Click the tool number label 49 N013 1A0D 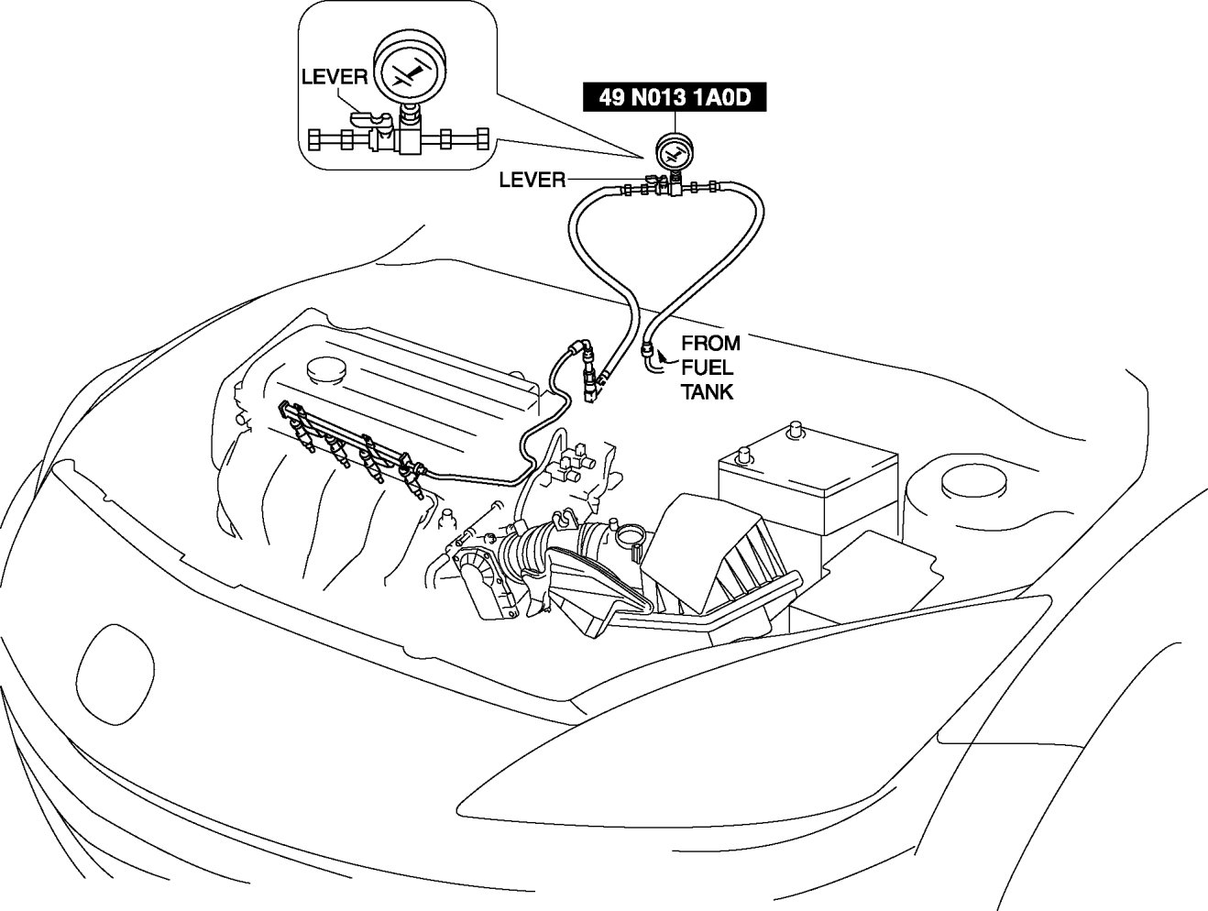point(675,97)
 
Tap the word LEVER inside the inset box point(334,77)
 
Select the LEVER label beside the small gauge point(532,180)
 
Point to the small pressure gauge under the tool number point(675,152)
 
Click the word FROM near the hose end point(711,344)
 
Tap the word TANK point(708,392)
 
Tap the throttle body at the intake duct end point(478,583)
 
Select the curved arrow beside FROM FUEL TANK point(666,366)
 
